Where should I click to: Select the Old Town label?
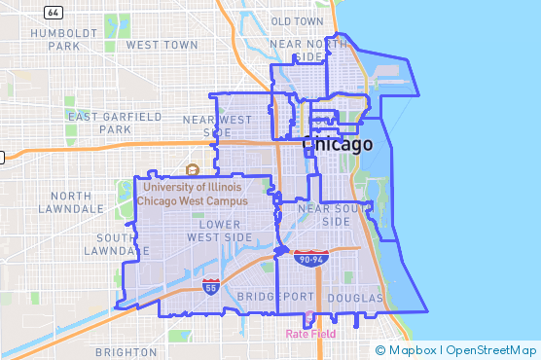(298, 20)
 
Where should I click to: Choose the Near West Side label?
(217, 126)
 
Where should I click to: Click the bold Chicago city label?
(338, 145)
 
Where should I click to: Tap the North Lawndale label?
(70, 201)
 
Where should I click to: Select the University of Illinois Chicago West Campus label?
(192, 193)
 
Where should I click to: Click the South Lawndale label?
(123, 244)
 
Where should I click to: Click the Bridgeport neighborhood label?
(275, 296)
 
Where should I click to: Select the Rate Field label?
(310, 334)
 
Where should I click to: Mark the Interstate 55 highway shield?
(210, 285)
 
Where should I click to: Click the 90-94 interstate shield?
(310, 257)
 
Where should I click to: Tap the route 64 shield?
(54, 12)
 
